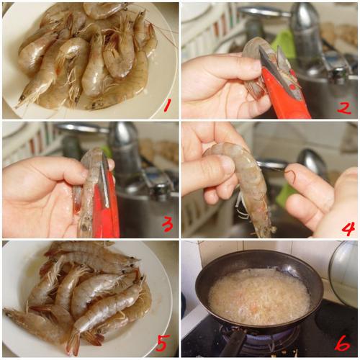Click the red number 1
click(168, 105)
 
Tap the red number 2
click(344, 107)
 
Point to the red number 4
click(348, 228)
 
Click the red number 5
click(162, 343)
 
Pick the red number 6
click(343, 345)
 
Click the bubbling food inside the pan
click(258, 297)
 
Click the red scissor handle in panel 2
click(286, 95)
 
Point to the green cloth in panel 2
click(284, 44)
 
